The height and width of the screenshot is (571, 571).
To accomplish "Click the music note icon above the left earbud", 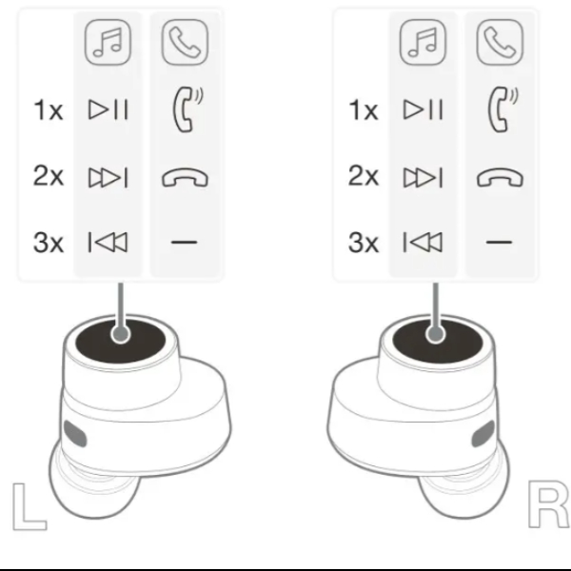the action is [108, 42].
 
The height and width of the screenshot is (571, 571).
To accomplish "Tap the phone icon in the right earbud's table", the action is [500, 42].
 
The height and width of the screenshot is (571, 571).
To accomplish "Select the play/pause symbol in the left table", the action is [108, 109].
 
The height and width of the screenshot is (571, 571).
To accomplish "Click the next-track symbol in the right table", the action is [423, 177].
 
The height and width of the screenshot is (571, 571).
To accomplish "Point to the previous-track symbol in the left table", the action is [108, 242].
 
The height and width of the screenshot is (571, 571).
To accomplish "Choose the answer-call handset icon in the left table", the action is [187, 109].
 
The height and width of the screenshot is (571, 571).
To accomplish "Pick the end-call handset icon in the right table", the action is [500, 178].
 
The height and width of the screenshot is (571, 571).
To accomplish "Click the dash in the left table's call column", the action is [185, 242].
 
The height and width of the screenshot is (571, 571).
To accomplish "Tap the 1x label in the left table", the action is [49, 110].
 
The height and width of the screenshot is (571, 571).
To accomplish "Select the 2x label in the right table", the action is [364, 176].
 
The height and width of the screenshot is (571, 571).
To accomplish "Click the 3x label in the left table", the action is [49, 243].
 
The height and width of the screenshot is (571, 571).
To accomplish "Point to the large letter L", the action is [30, 506].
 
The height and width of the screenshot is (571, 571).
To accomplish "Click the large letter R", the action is [548, 504].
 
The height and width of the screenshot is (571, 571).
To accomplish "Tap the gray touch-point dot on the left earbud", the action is [121, 334].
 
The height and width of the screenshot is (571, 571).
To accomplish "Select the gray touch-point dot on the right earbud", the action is [435, 334].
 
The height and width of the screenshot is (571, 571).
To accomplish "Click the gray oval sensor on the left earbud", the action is [75, 434].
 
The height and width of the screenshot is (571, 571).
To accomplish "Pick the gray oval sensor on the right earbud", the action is [483, 434].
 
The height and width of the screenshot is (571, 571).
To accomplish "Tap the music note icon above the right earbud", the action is [423, 42].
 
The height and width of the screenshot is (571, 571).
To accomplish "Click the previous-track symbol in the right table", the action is [423, 242].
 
